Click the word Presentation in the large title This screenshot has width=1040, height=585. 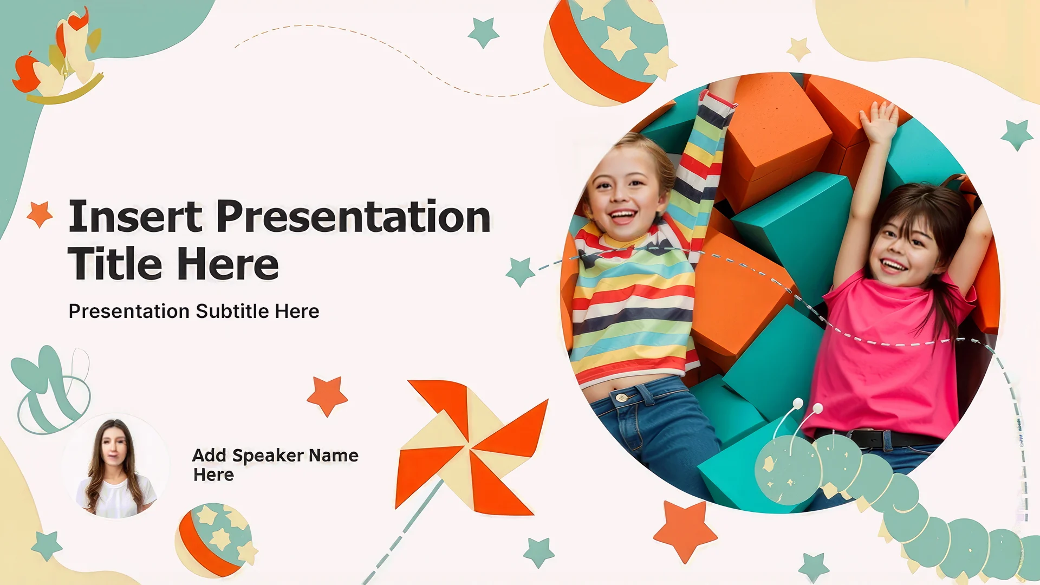(354, 217)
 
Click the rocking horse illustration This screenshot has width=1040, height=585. (60, 57)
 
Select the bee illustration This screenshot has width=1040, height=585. (51, 390)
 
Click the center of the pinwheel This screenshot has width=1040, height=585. (469, 448)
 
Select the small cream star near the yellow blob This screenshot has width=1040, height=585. (798, 49)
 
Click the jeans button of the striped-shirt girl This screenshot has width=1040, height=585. (622, 398)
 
